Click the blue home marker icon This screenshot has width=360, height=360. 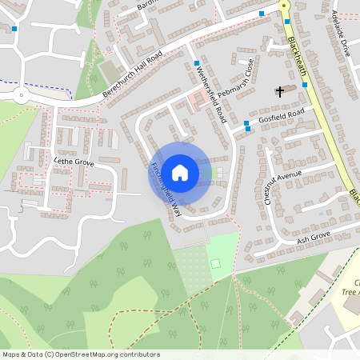point(180,172)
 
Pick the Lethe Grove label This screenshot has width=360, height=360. point(73,162)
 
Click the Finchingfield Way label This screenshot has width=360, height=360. point(166,190)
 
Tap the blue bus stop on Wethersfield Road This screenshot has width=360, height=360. point(196,62)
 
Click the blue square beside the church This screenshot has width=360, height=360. point(305,85)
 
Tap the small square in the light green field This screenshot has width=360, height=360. point(214,264)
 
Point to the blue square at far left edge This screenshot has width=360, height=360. point(14,30)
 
